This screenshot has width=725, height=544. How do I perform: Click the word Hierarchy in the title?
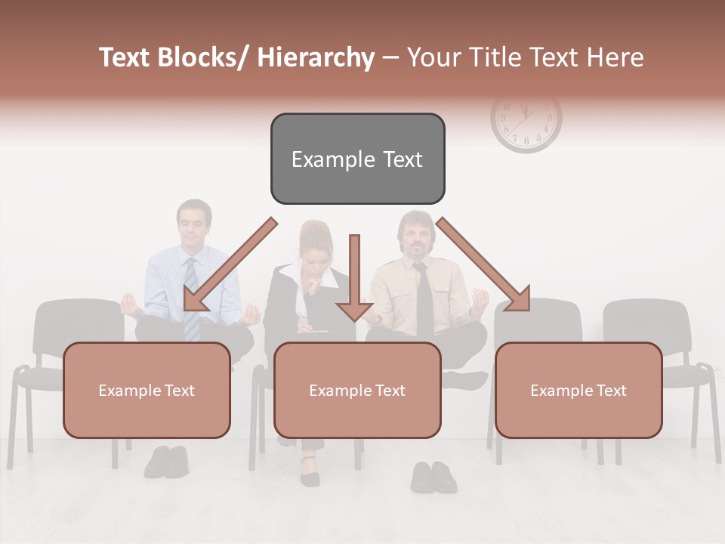coord(316,57)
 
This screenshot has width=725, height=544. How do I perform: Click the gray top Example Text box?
coord(357,159)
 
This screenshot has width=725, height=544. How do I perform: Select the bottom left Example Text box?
coord(147,390)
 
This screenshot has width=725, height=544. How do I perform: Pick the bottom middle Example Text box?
coord(357,390)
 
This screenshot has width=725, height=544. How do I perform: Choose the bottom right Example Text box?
coord(578,390)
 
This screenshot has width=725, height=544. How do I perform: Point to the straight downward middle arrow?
coord(354,280)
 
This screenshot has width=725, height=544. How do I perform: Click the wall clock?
coord(526,121)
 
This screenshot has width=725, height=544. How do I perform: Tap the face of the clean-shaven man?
coord(194,224)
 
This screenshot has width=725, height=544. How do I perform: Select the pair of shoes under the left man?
coord(166,461)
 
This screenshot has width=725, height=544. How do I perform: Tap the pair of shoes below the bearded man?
coord(433,477)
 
